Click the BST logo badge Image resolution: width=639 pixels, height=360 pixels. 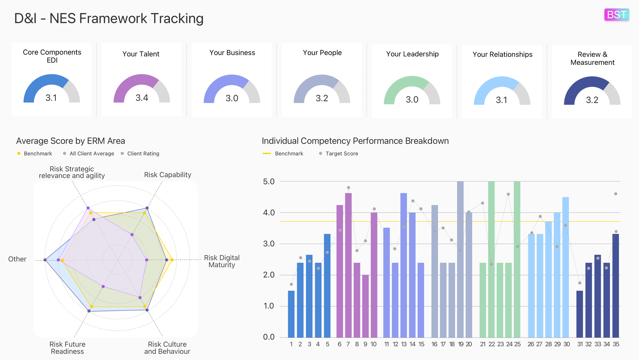pos(616,15)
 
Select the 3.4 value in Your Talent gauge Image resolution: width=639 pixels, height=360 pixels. pos(142,98)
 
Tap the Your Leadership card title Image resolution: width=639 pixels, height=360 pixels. pos(412,54)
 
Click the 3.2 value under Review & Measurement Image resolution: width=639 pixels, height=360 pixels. pos(592,100)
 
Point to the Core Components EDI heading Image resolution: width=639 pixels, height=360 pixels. pos(52,56)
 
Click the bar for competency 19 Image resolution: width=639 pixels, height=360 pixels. pos(460,260)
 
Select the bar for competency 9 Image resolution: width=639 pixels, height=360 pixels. pos(365,306)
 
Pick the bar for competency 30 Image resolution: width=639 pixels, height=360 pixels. pos(565,267)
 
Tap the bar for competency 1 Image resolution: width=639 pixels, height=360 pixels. pos(291,314)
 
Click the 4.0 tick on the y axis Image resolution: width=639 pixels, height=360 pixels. pos(269,212)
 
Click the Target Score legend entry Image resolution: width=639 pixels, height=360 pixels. pos(341,153)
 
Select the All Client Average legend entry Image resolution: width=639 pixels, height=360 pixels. pos(92,153)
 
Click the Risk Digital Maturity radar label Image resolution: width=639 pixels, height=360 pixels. pos(222,261)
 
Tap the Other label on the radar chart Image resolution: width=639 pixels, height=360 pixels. pos(17,259)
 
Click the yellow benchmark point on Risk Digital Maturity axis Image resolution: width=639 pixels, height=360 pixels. pos(172,260)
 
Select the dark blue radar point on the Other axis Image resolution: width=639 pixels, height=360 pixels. pos(45,260)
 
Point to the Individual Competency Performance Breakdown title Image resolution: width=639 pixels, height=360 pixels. pos(355,141)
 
